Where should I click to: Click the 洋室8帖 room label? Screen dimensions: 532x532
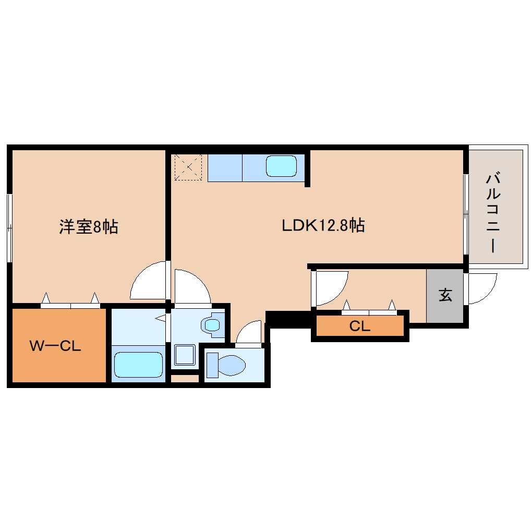(x=89, y=226)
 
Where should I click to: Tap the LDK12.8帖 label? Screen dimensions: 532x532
(x=323, y=225)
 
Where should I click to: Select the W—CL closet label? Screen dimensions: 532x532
(x=55, y=346)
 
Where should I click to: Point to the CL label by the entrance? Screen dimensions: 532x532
(x=360, y=326)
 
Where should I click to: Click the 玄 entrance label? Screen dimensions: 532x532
(x=445, y=295)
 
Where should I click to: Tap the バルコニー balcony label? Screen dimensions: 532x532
(x=493, y=213)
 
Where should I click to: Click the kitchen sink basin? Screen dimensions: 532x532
(x=281, y=166)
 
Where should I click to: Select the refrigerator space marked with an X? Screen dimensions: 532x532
(x=188, y=167)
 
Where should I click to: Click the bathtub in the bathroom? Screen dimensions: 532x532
(x=138, y=365)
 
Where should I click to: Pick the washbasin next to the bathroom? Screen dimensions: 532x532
(x=213, y=325)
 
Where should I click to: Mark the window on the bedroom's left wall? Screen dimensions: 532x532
(x=9, y=228)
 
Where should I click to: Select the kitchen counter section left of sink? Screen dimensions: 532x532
(x=225, y=168)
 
